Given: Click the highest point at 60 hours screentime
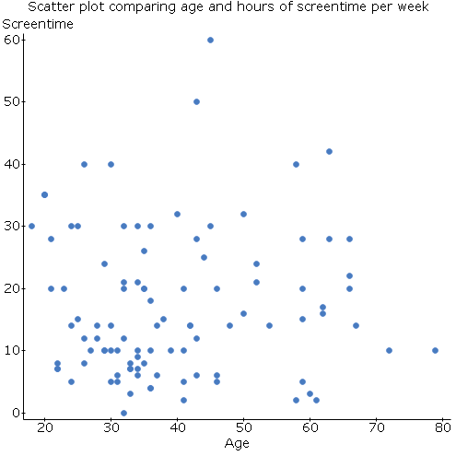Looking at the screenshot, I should click(x=210, y=40).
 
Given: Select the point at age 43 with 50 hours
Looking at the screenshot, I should click(x=196, y=101).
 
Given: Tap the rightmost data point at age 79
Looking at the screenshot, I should click(x=435, y=350).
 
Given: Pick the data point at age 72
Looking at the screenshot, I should click(x=389, y=350).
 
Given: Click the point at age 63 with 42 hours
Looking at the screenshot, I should click(x=329, y=151).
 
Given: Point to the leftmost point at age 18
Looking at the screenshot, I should click(x=31, y=226).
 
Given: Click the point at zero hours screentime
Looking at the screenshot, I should click(x=123, y=413).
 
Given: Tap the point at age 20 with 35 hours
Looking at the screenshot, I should click(x=44, y=194).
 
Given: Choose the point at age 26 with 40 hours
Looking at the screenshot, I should click(x=84, y=164).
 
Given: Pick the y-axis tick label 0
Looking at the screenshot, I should click(x=15, y=413).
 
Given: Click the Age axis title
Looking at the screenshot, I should click(x=236, y=444).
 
